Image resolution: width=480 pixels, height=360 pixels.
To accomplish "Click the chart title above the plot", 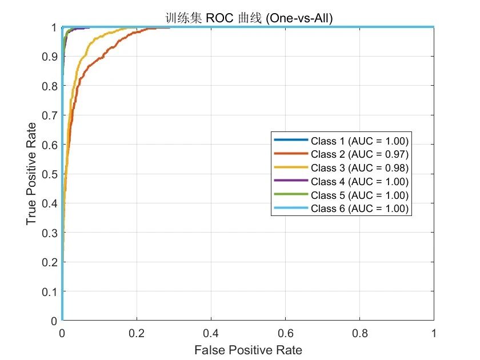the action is (249, 18).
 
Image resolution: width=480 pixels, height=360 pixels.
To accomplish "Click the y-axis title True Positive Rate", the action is (31, 174).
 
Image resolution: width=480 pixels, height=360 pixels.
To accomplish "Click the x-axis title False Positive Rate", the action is (248, 350).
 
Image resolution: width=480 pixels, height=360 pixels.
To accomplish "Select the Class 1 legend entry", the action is (341, 141).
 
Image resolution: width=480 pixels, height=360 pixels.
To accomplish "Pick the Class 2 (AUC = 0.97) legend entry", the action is (341, 154).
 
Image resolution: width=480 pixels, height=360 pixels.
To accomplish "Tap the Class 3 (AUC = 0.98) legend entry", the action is (341, 168).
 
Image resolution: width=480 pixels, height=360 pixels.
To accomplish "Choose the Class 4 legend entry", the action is (341, 182).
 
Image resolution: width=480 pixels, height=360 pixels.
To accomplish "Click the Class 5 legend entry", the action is (341, 195).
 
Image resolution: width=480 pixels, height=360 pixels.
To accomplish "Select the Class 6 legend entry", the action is (341, 209).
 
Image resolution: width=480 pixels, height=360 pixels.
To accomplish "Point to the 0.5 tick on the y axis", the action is (50, 174).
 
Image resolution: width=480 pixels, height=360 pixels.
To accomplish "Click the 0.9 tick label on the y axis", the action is (50, 57).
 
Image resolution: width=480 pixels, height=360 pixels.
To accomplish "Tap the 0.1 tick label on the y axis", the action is (50, 292).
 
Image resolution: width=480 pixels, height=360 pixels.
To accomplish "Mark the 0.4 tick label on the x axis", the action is (211, 333).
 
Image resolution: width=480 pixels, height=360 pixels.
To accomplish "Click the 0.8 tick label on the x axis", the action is (359, 333).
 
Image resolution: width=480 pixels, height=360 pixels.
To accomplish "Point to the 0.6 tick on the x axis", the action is (285, 333).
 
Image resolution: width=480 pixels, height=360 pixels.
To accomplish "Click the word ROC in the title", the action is (219, 18).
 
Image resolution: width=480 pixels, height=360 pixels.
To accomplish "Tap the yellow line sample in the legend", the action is (291, 167).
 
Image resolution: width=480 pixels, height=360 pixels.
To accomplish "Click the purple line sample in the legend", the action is (291, 181).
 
